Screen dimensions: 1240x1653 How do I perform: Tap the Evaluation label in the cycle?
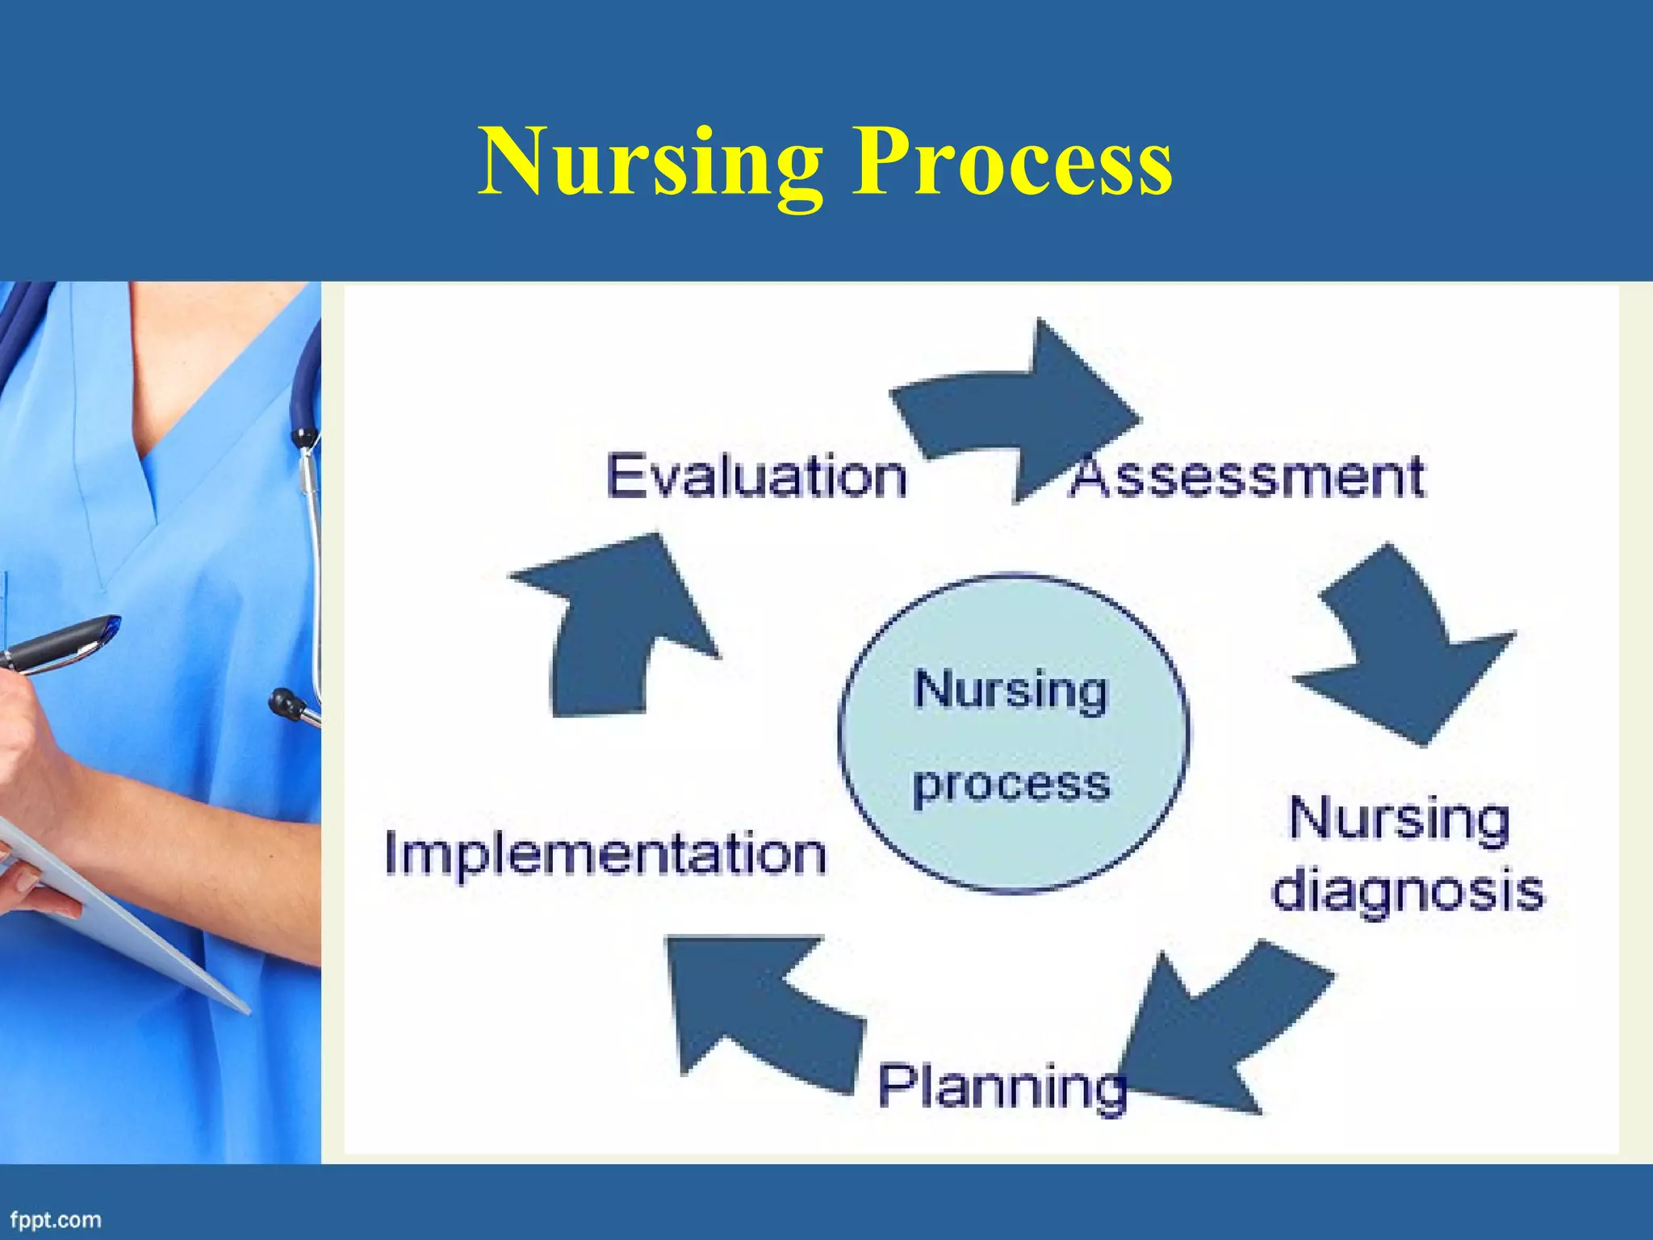coord(756,476)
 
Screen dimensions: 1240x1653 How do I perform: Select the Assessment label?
coord(1247,476)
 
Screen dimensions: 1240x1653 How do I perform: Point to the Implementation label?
coord(605,853)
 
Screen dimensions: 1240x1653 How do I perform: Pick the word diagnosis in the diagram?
coord(1407,892)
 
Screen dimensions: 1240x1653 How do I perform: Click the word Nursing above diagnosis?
coord(1399,819)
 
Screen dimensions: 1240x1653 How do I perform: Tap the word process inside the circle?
coord(1011,785)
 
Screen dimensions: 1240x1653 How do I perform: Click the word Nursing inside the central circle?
coord(1011,692)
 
